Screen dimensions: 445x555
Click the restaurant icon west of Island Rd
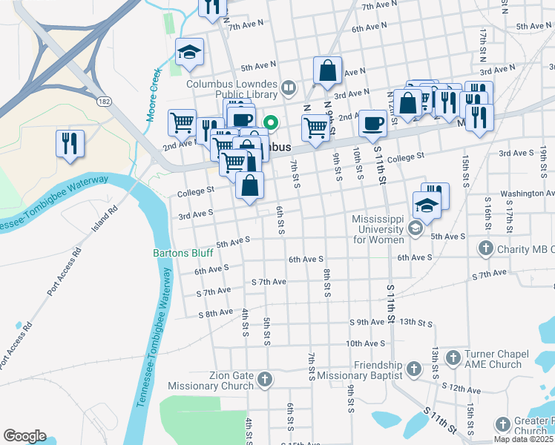[x=70, y=142]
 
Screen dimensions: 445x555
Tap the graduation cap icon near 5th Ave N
[x=189, y=51]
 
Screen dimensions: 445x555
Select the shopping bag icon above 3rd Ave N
[x=326, y=71]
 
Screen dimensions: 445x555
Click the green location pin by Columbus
[x=272, y=123]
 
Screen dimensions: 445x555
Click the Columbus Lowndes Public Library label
[x=231, y=89]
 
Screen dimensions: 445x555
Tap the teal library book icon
[x=289, y=89]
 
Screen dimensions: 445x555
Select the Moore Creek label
[x=154, y=95]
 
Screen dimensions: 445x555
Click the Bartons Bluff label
[x=183, y=253]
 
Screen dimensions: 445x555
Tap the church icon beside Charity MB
[x=486, y=248]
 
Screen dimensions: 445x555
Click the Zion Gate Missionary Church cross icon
[x=265, y=380]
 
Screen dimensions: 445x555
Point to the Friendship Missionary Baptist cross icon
[x=414, y=367]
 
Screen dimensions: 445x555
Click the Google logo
[x=24, y=436]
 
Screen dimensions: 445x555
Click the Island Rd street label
[x=104, y=219]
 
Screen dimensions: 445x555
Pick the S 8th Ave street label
[x=215, y=314]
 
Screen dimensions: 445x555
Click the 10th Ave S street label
[x=365, y=343]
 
